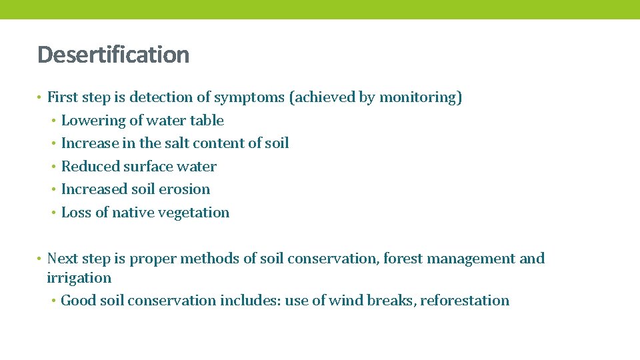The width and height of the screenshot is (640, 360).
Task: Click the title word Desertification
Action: pos(113,55)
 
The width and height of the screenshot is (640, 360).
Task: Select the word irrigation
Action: pos(79,278)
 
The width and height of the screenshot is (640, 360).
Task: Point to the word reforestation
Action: pos(465,301)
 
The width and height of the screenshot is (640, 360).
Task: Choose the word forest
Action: pos(407,259)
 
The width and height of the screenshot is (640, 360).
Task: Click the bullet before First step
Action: pos(40,98)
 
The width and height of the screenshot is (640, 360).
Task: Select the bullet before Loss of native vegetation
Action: pos(54,213)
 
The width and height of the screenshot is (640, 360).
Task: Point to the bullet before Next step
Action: pos(40,259)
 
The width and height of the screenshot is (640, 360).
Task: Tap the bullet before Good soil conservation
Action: pos(53,301)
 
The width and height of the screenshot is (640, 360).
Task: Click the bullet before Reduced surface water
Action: pos(54,167)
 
